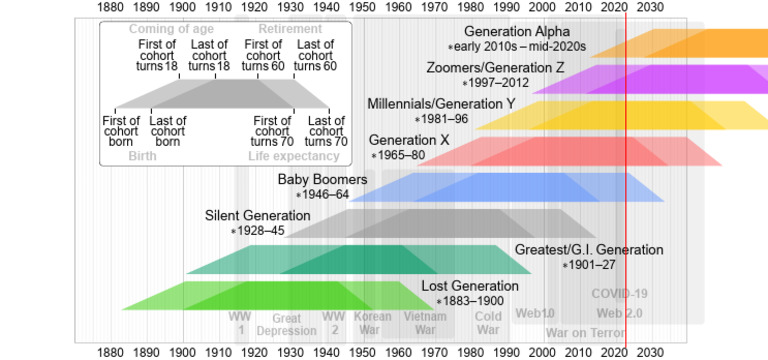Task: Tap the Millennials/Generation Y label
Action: click(441, 103)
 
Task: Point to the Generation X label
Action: click(409, 140)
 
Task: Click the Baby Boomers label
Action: click(322, 179)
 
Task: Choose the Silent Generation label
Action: click(258, 215)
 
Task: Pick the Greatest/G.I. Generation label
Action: click(588, 249)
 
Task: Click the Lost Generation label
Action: click(469, 286)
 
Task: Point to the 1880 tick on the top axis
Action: click(111, 8)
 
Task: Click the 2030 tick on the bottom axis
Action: click(650, 352)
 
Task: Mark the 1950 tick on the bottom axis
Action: click(362, 352)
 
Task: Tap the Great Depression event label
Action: click(286, 324)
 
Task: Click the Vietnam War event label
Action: click(425, 324)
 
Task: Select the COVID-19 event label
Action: click(620, 294)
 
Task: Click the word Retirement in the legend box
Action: click(290, 29)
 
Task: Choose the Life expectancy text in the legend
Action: click(298, 156)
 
